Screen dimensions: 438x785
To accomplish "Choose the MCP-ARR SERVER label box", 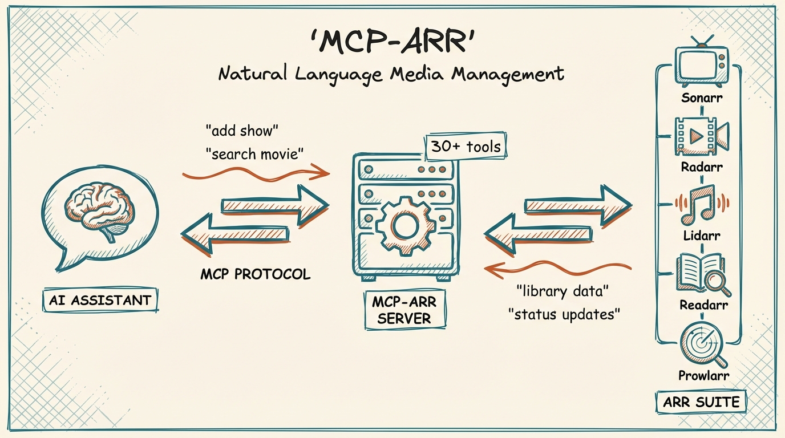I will pyautogui.click(x=404, y=310).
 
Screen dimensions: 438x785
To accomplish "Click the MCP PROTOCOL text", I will pyautogui.click(x=255, y=274).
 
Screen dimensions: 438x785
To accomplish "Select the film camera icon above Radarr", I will pyautogui.click(x=701, y=135).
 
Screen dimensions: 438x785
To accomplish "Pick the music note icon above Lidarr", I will pyautogui.click(x=701, y=204).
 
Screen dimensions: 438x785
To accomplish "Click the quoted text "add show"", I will pyautogui.click(x=241, y=130).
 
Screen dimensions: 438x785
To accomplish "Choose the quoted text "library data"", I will pyautogui.click(x=563, y=291).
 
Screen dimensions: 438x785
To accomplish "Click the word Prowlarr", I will pyautogui.click(x=704, y=375).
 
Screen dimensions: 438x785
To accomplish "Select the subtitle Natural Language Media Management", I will pyautogui.click(x=391, y=74).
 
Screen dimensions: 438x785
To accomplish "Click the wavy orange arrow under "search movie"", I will pyautogui.click(x=256, y=172).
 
